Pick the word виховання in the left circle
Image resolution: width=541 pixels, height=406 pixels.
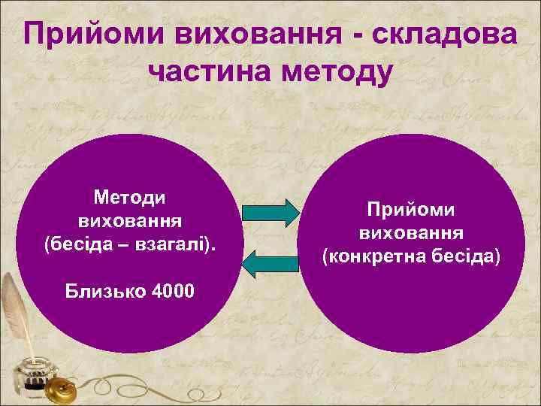click(x=129, y=221)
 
